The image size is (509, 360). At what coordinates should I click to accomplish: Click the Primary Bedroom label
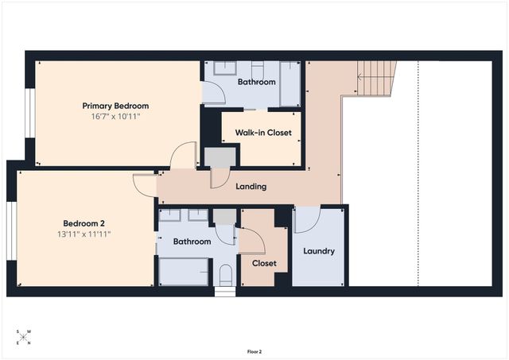pyautogui.click(x=115, y=106)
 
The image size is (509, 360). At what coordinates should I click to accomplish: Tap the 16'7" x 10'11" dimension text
pyautogui.click(x=115, y=117)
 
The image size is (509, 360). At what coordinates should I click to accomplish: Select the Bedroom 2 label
pyautogui.click(x=84, y=223)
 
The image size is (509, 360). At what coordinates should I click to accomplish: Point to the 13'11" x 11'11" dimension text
pyautogui.click(x=84, y=234)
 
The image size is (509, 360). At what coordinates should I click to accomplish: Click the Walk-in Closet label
pyautogui.click(x=263, y=133)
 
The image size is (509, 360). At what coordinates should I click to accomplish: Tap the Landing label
pyautogui.click(x=251, y=187)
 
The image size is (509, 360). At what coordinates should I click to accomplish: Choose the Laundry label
pyautogui.click(x=319, y=251)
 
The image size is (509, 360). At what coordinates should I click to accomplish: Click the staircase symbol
pyautogui.click(x=376, y=78)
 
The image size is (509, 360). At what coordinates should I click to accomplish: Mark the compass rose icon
pyautogui.click(x=23, y=337)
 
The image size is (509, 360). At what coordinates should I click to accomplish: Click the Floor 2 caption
pyautogui.click(x=254, y=352)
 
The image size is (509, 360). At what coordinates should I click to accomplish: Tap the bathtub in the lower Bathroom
pyautogui.click(x=184, y=272)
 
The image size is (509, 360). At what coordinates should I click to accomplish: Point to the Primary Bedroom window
pyautogui.click(x=30, y=113)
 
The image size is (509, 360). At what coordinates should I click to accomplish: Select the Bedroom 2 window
pyautogui.click(x=12, y=231)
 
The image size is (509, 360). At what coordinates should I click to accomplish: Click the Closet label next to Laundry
pyautogui.click(x=264, y=263)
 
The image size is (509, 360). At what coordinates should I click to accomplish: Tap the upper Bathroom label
pyautogui.click(x=256, y=82)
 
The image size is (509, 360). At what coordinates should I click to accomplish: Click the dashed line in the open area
pyautogui.click(x=418, y=173)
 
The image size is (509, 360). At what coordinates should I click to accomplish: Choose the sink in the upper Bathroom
pyautogui.click(x=225, y=68)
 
